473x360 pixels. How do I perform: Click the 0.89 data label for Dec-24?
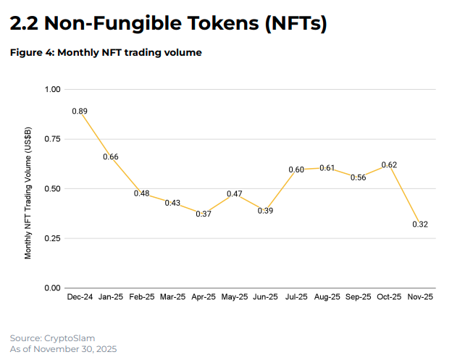tap(80, 112)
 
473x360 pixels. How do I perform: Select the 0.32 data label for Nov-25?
tap(420, 225)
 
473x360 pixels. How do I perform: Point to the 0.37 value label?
tap(204, 214)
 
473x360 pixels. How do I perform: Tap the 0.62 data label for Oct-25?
tap(389, 165)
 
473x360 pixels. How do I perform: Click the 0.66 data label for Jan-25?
tap(111, 156)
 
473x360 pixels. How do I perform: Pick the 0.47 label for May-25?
tap(234, 194)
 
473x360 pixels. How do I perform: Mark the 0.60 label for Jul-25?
tap(296, 169)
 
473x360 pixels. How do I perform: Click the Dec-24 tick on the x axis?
tap(80, 298)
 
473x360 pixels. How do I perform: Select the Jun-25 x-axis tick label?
tap(265, 298)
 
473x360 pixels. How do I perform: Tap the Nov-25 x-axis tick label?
tap(420, 298)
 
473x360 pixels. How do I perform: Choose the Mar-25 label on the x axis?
tap(172, 298)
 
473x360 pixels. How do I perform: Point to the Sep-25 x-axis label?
tap(358, 298)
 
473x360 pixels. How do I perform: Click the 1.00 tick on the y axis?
tap(53, 90)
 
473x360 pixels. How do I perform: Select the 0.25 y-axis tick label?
tap(53, 238)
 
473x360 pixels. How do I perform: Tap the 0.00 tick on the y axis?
tap(53, 288)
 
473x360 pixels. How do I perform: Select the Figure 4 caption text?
tap(106, 52)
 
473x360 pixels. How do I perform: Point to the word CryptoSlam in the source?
tap(70, 338)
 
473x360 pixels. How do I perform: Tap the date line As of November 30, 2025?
tap(64, 349)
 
